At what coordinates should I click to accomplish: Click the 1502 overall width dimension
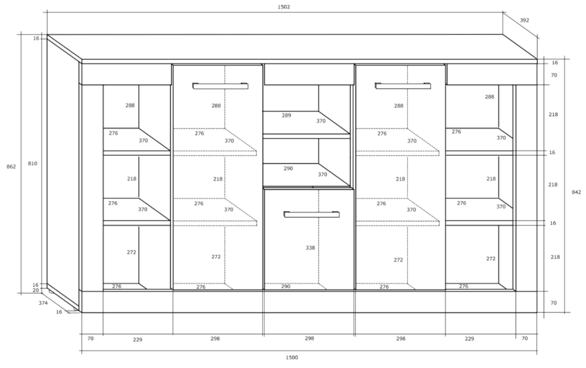(284, 7)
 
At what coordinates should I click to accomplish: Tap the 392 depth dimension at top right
(524, 20)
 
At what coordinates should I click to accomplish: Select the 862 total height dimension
(11, 167)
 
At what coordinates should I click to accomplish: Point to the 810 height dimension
(32, 163)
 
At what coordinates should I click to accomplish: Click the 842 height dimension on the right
(576, 192)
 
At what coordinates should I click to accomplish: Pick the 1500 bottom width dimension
(292, 357)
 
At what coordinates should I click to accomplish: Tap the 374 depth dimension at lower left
(43, 303)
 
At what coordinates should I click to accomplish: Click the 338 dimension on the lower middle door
(310, 248)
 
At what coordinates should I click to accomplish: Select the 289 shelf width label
(286, 115)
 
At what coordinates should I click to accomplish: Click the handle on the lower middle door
(311, 214)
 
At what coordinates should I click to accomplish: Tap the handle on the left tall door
(220, 86)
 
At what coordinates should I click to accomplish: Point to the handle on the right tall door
(403, 86)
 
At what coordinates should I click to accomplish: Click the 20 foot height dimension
(36, 290)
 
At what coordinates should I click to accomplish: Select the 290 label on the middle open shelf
(288, 168)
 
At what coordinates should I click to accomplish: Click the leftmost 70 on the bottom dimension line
(90, 338)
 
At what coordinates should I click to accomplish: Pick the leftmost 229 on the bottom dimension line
(137, 339)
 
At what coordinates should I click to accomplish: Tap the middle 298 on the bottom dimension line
(309, 338)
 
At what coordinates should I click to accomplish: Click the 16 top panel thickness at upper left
(36, 38)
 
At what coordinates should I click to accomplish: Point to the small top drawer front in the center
(309, 74)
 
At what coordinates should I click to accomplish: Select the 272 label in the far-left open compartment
(131, 252)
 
